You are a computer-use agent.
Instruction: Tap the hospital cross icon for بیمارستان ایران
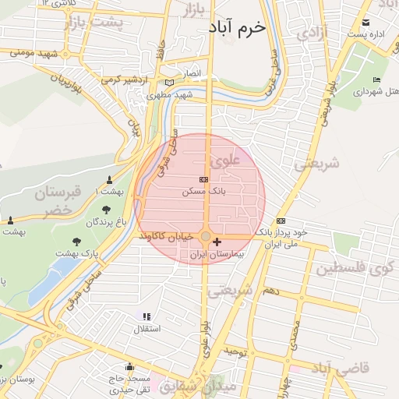click(217, 242)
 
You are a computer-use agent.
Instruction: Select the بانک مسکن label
click(199, 191)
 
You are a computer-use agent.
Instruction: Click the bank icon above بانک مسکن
click(204, 180)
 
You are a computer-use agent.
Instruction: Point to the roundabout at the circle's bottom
click(205, 236)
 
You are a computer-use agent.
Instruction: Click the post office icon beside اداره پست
click(367, 23)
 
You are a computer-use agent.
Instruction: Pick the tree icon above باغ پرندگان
click(106, 209)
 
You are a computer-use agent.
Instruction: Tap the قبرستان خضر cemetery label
click(57, 202)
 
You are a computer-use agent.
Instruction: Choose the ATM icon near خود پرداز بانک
click(281, 221)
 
